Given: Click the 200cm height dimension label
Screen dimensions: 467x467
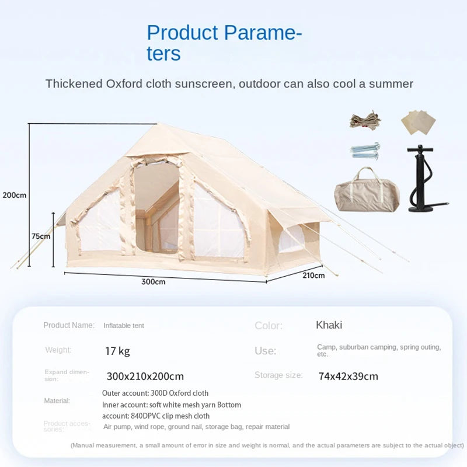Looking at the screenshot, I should point(14,195).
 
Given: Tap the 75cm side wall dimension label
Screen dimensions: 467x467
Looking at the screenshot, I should point(41,236).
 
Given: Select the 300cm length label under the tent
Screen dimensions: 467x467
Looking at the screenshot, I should point(153,281).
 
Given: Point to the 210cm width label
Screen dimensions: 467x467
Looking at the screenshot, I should point(313,275).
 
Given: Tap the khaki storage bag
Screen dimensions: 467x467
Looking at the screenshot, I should point(367,190).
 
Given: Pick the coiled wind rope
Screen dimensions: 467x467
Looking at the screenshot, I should point(365,120).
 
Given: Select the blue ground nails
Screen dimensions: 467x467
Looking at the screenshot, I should point(365,150).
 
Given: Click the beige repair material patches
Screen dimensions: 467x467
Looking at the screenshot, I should point(419,122).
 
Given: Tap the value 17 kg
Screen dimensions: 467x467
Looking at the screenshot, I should point(117,351).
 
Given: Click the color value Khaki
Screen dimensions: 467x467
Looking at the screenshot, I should point(329,325).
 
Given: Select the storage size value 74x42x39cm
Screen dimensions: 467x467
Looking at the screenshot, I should point(348,376).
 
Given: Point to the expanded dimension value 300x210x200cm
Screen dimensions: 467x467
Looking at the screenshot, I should point(145,376).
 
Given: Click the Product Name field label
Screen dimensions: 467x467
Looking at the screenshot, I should point(68,325).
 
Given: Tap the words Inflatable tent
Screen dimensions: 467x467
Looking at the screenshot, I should point(124,326).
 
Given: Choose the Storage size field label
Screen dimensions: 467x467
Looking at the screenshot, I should point(278,375).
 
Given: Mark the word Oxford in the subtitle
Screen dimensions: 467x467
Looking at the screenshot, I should point(123,83).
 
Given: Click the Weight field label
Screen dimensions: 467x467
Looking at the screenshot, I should point(58,350).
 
